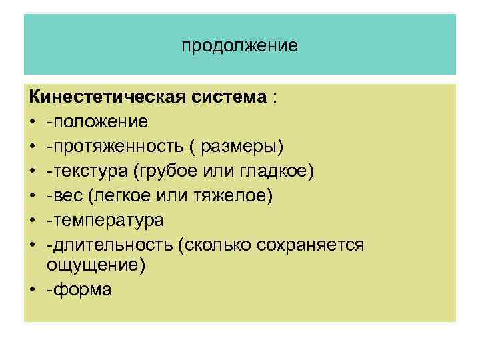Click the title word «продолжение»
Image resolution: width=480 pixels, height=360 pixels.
(239, 46)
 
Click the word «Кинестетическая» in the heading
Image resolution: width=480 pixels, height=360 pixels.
(101, 98)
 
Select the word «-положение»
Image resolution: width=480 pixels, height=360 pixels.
(97, 122)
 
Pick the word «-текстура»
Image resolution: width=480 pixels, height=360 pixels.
(87, 171)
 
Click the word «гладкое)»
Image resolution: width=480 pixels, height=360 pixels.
(274, 171)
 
